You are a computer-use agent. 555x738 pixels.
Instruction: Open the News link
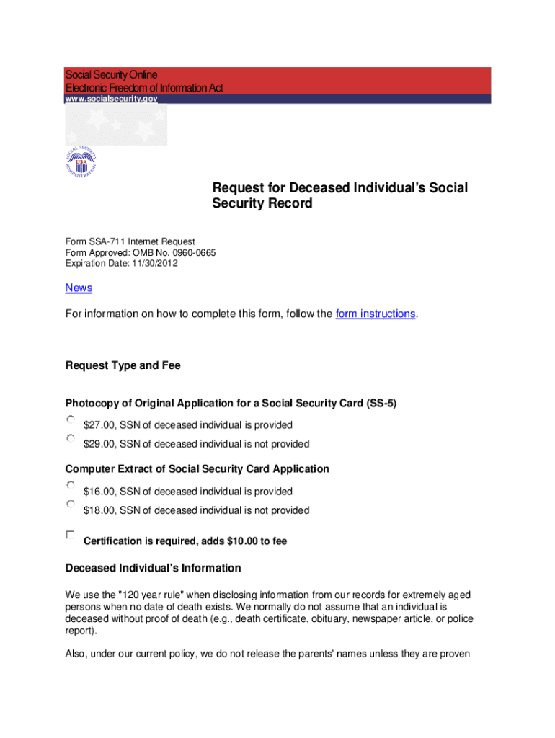click(79, 288)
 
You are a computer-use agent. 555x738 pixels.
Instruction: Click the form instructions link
click(376, 314)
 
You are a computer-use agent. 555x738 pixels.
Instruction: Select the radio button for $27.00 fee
click(71, 419)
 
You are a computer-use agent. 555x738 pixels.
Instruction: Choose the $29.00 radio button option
click(71, 438)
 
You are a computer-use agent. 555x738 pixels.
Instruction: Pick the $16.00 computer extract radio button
click(71, 486)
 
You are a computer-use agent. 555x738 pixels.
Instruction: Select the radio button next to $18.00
click(71, 504)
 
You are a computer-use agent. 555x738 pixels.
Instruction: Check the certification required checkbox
click(71, 535)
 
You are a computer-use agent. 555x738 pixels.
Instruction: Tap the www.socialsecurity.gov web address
click(111, 99)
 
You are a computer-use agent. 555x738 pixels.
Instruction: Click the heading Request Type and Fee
click(123, 365)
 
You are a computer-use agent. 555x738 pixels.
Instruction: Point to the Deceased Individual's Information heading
click(153, 568)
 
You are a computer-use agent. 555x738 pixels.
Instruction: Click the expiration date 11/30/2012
click(154, 263)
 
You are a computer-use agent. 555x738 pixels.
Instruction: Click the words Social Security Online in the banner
click(111, 75)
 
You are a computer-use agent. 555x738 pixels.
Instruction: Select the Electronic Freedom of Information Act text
click(144, 88)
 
